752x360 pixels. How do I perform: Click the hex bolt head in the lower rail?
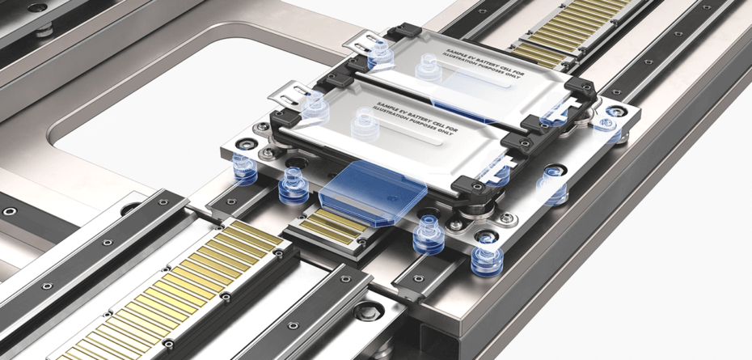point(370,309)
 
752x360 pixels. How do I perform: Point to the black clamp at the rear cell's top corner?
point(403,32)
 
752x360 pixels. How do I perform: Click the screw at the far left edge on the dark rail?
point(10,211)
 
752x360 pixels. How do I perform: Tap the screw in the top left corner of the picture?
point(37,8)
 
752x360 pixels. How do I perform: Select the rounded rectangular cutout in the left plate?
point(146,97)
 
